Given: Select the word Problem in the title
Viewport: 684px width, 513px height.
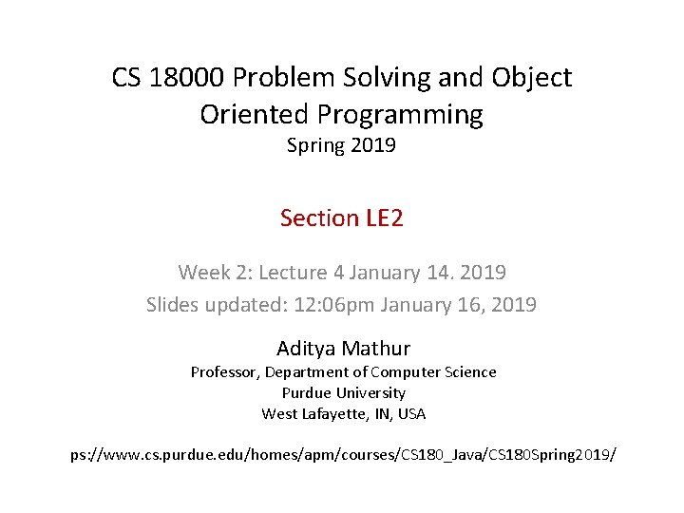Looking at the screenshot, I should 281,77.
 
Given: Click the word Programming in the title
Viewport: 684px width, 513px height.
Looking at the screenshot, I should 400,115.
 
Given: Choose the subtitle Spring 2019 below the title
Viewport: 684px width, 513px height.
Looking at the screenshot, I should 341,146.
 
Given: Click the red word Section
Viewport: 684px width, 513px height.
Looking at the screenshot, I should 318,218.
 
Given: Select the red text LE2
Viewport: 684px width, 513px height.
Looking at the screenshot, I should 384,218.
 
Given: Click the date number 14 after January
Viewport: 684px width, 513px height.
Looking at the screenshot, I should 439,273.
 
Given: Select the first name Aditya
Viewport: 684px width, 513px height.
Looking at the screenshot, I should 305,348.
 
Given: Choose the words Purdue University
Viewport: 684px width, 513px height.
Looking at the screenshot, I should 343,393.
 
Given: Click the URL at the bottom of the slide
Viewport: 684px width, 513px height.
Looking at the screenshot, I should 343,455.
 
